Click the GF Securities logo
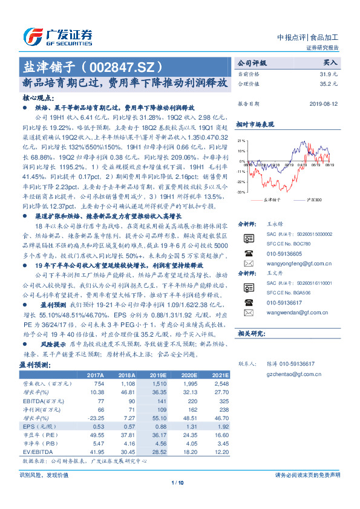coord(57,37)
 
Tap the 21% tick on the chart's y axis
coord(241,140)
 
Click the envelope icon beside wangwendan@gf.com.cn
coord(248,313)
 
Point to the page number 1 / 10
coord(177,482)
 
